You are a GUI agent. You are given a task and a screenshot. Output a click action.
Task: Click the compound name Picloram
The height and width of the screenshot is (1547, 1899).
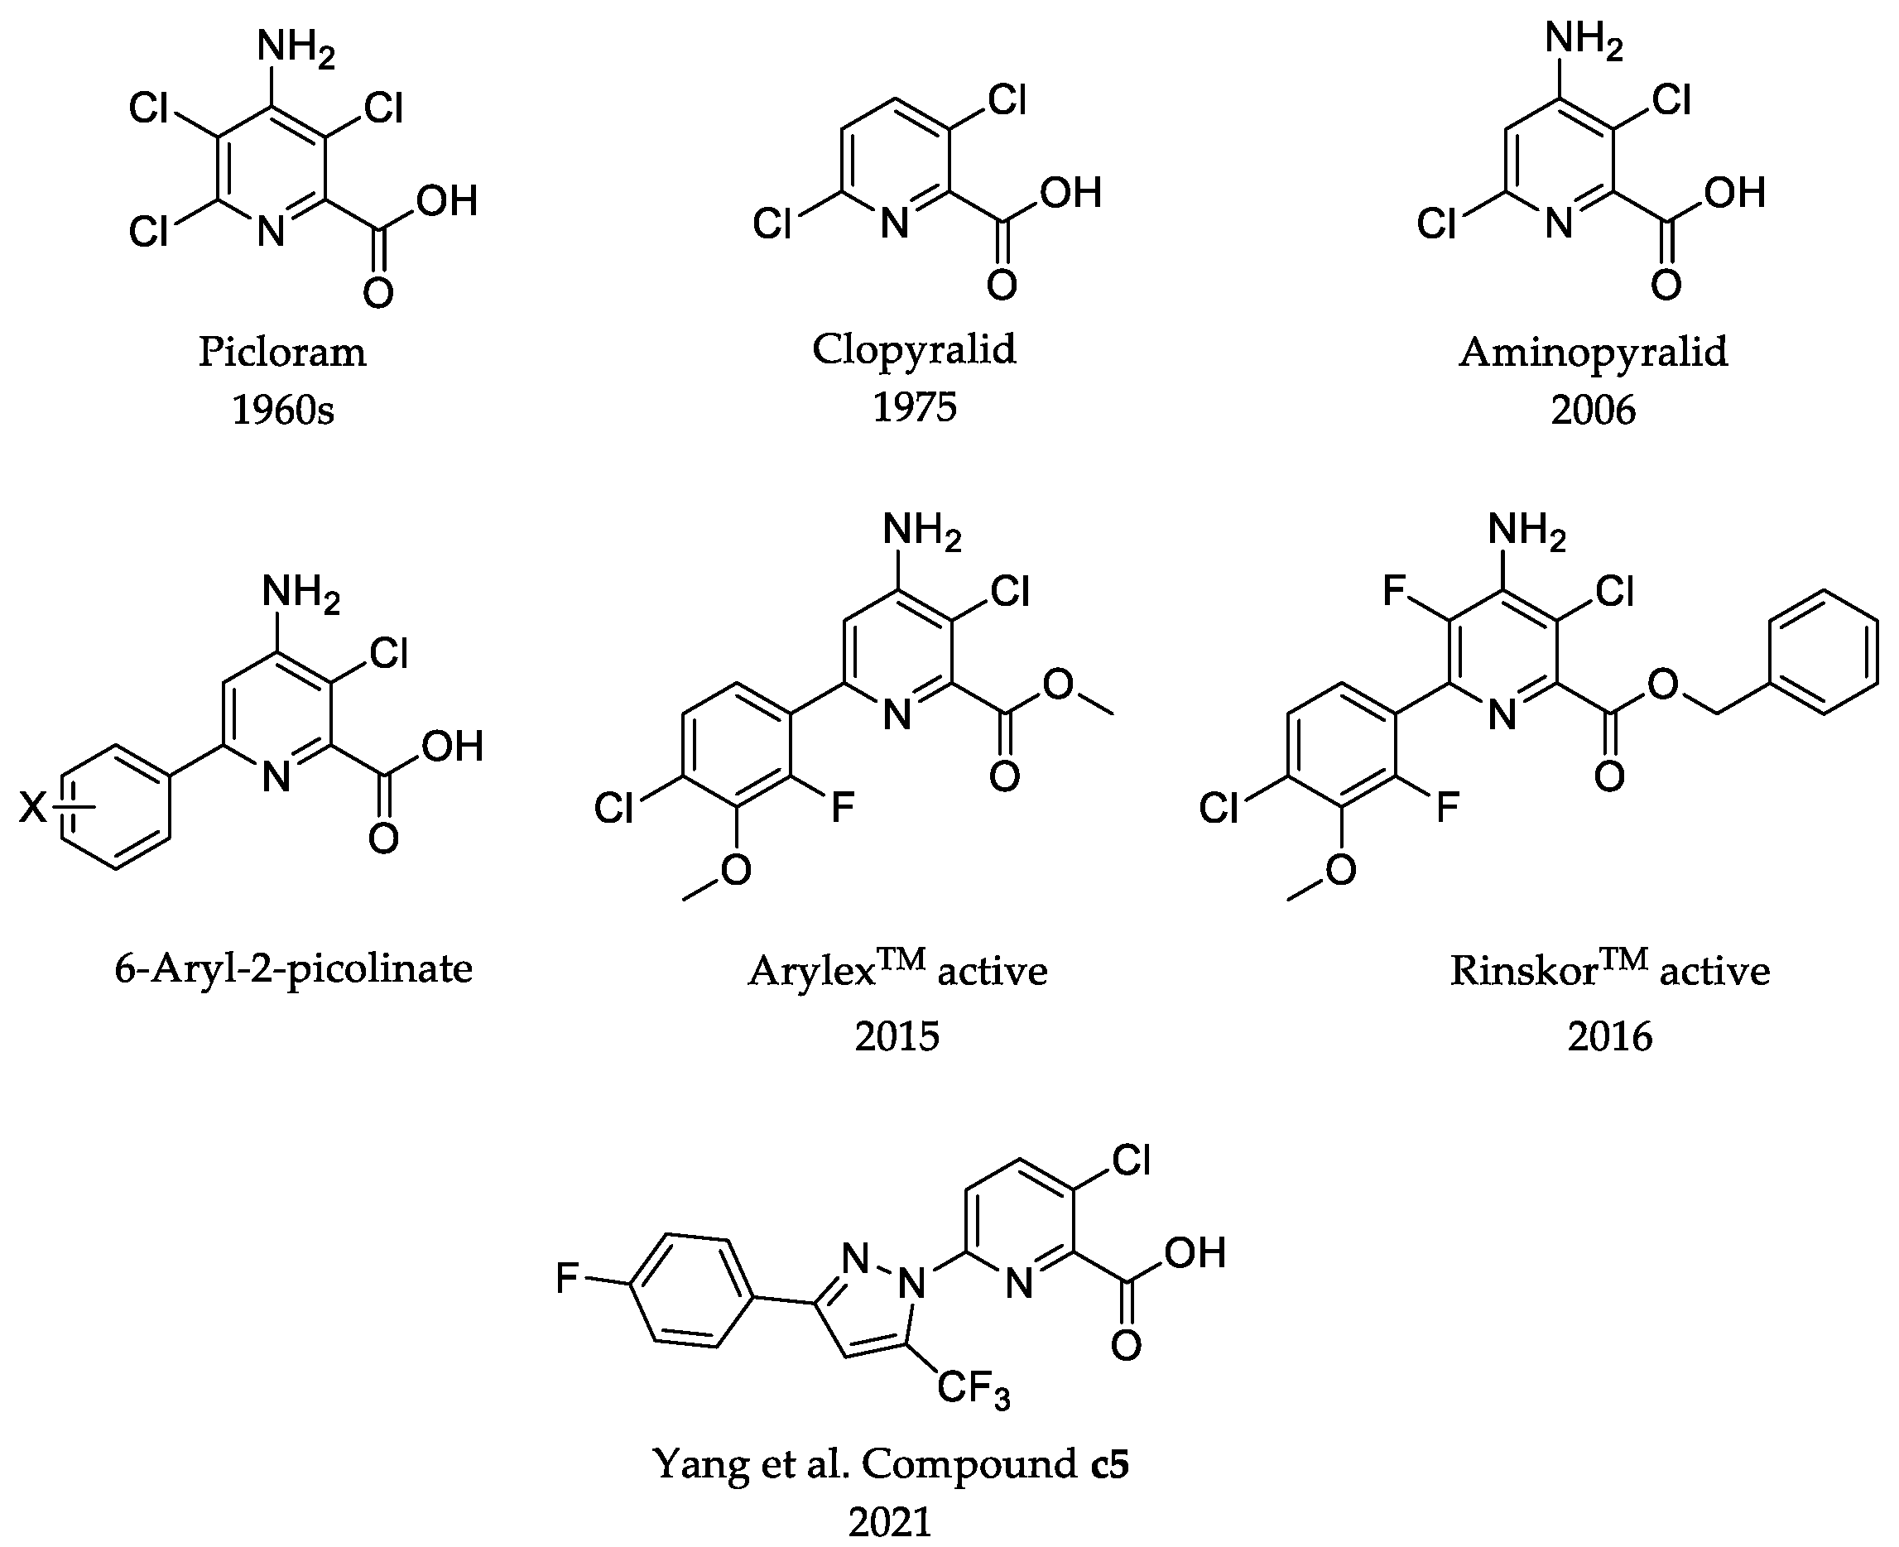[x=281, y=352]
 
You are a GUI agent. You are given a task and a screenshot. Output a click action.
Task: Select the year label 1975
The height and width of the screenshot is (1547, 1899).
[x=913, y=408]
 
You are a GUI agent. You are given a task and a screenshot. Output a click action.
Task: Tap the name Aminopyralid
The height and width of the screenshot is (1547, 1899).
[x=1593, y=352]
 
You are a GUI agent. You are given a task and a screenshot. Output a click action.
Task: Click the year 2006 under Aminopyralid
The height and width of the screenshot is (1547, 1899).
[x=1593, y=410]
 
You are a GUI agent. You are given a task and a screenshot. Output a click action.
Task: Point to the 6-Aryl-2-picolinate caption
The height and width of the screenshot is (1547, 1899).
[x=293, y=968]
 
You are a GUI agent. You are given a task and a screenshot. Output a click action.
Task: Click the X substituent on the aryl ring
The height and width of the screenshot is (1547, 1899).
[x=33, y=808]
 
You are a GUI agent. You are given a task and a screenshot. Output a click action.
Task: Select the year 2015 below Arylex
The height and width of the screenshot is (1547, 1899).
[x=897, y=1036]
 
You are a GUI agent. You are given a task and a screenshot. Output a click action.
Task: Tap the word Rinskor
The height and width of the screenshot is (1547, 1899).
[x=1522, y=970]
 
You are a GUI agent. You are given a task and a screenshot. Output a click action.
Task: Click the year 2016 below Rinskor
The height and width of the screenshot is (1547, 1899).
[x=1609, y=1036]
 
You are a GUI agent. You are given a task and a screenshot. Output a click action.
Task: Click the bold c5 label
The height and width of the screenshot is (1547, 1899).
[x=1109, y=1464]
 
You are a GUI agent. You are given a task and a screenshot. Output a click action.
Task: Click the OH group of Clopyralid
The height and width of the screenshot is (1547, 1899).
[x=1071, y=193]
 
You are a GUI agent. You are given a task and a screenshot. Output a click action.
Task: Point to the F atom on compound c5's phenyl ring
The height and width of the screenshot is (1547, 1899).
[x=567, y=1278]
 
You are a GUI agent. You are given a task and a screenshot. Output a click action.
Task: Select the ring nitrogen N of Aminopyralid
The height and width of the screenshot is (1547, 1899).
[x=1558, y=223]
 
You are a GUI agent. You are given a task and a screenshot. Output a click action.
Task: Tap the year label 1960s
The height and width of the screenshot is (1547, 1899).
[x=282, y=411]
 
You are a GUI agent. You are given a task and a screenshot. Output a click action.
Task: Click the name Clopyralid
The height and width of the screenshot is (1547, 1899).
[x=913, y=349]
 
